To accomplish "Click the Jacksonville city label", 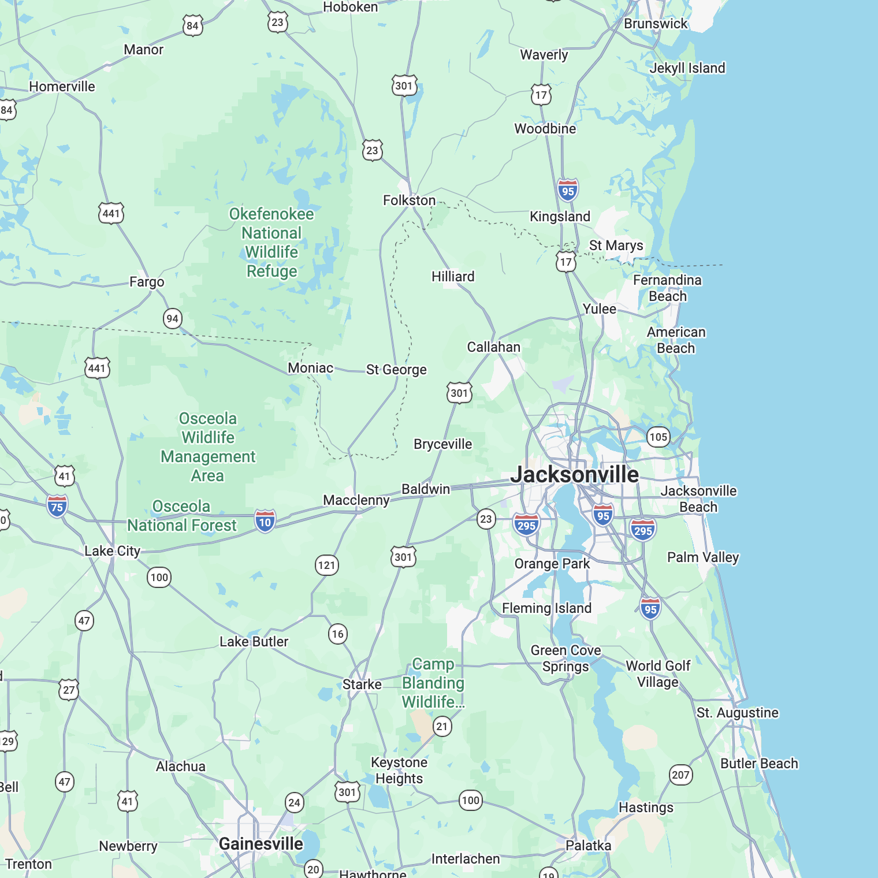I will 574,475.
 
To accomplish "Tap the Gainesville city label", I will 261,844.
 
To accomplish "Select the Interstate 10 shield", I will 265,522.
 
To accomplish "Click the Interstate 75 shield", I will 57,507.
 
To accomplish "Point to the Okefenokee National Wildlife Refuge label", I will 271,243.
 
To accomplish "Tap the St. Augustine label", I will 737,713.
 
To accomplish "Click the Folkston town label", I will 409,200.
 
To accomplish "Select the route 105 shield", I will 658,437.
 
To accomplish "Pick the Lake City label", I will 112,551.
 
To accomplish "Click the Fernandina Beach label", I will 667,288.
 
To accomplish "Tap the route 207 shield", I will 680,775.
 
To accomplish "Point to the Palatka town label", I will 588,846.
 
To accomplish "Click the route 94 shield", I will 172,318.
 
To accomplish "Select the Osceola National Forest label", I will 181,516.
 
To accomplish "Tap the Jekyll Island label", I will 687,68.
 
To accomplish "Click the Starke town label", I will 362,684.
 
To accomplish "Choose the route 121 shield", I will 326,565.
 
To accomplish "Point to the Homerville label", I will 62,87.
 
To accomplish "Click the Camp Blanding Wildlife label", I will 433,683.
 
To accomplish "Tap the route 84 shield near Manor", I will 192,25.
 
